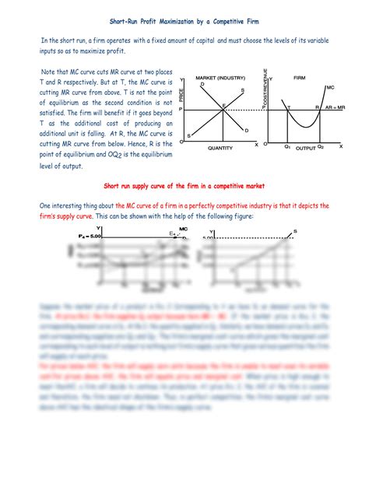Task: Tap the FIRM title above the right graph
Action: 300,79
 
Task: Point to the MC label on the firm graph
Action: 331,87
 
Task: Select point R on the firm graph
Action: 317,106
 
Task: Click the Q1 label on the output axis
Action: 287,146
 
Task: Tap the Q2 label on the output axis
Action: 321,146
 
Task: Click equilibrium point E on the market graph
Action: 224,105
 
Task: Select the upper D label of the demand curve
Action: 202,84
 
